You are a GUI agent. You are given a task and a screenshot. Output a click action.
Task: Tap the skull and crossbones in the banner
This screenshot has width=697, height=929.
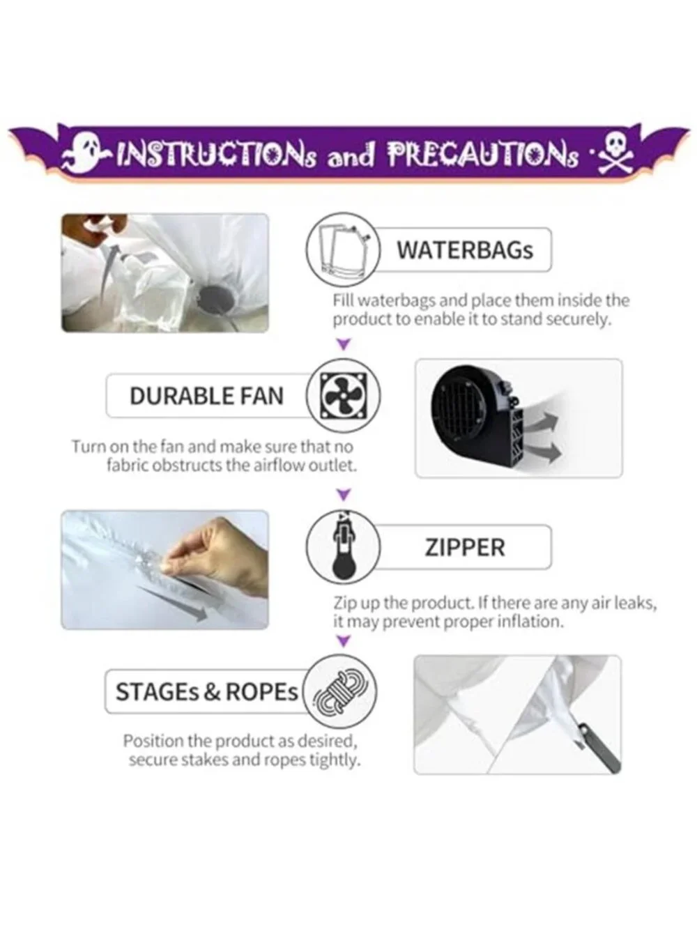(615, 155)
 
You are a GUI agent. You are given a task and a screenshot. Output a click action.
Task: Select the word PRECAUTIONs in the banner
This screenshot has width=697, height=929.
(483, 155)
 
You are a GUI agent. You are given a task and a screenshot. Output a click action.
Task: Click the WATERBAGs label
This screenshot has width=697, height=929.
(465, 250)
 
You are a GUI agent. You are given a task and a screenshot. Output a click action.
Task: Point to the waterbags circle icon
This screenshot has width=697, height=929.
(343, 249)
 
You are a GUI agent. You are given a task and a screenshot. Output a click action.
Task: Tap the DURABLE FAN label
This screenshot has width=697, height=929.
(206, 396)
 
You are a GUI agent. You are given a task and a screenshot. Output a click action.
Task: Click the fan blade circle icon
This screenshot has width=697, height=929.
(343, 396)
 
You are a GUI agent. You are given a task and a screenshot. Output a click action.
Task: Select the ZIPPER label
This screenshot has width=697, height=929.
(465, 547)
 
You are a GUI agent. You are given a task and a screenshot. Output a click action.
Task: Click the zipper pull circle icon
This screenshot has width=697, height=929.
(343, 547)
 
